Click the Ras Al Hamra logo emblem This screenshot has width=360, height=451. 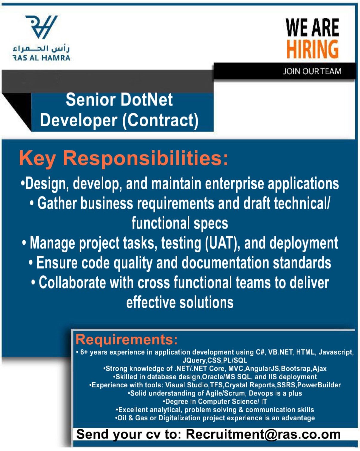[41, 27]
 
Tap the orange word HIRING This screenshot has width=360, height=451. [313, 50]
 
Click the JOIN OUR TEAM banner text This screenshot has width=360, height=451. [312, 71]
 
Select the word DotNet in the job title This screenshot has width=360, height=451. [147, 100]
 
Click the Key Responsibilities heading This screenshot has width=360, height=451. [124, 158]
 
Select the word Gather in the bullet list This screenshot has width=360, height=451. [57, 203]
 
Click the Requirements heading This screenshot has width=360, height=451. [127, 340]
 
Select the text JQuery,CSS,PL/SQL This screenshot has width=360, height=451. [215, 360]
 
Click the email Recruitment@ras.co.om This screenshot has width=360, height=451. [263, 434]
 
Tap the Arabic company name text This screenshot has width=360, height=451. [41, 49]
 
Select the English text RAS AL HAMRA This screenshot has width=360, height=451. [41, 58]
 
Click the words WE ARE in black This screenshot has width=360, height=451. [313, 27]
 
